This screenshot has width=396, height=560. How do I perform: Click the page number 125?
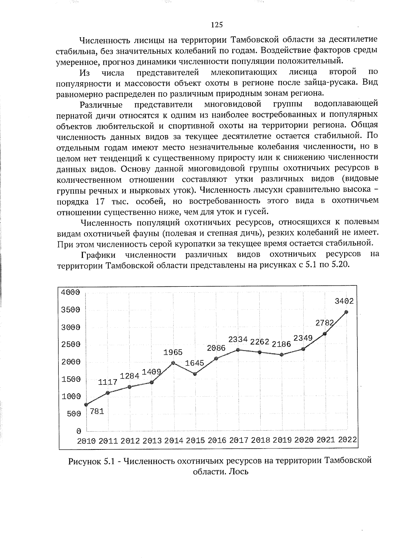217,25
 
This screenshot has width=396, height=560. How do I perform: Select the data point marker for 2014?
173,363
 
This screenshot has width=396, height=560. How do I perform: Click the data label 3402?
344,301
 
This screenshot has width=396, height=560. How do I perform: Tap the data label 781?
97,411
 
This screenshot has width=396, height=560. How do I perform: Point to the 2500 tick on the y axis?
71,345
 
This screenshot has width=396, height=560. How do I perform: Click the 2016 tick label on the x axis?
217,441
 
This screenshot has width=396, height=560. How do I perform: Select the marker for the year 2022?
346,312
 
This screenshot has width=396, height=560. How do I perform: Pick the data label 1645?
195,363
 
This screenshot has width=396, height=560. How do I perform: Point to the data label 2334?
238,339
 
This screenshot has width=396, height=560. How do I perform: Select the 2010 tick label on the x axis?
86,441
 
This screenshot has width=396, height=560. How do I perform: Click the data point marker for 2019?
281,355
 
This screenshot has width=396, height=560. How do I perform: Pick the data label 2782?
325,323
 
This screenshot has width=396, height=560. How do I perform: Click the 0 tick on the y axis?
79,431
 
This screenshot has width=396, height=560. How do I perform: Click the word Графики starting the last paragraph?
98,255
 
